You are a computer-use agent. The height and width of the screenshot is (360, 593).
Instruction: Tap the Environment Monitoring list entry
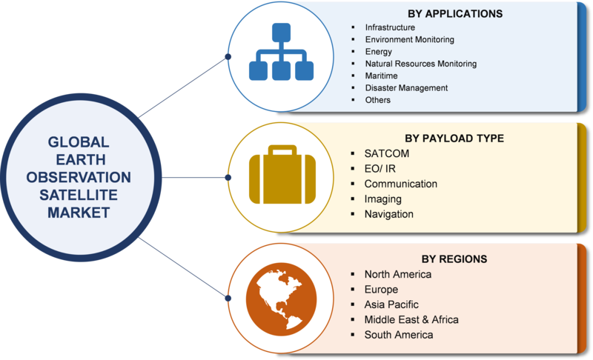click(409, 39)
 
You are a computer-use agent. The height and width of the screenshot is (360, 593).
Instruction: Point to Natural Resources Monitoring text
click(420, 64)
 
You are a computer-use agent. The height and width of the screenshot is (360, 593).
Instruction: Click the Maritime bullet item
click(381, 76)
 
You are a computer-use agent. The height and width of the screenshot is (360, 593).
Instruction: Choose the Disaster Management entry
click(406, 87)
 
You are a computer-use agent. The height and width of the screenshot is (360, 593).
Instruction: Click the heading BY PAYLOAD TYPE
click(454, 138)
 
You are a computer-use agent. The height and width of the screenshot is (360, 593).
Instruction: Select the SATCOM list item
click(387, 153)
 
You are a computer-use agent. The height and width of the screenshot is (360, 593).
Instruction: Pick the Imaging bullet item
click(382, 199)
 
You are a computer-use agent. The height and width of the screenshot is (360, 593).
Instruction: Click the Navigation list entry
click(388, 214)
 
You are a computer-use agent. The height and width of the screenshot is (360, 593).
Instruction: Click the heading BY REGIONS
click(454, 259)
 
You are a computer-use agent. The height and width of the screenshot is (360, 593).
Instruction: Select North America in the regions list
click(397, 274)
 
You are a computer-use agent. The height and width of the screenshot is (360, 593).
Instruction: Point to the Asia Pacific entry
click(391, 304)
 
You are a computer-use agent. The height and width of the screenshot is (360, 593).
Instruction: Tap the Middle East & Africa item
click(411, 319)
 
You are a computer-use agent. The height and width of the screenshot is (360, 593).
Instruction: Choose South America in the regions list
click(399, 335)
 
